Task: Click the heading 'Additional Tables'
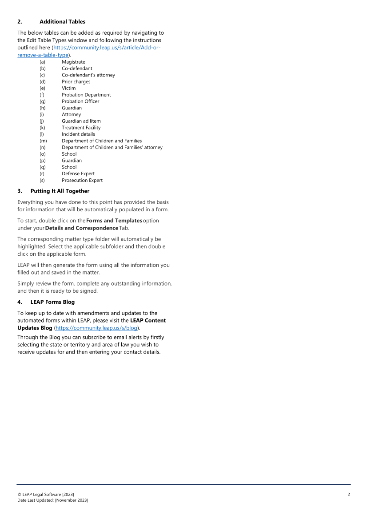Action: pyautogui.click(x=62, y=21)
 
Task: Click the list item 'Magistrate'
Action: pyautogui.click(x=73, y=62)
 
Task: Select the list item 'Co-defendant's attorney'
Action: pyautogui.click(x=88, y=75)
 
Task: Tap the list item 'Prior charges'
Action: pyautogui.click(x=76, y=82)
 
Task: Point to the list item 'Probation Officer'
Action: pyautogui.click(x=80, y=101)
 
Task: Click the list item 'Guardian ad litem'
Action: pyautogui.click(x=81, y=121)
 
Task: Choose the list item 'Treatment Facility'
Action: pyautogui.click(x=81, y=128)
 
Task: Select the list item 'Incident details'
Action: pyautogui.click(x=78, y=134)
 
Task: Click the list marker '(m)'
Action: pyautogui.click(x=43, y=141)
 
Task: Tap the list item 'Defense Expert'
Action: pyautogui.click(x=78, y=173)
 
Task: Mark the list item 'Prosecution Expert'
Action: pyautogui.click(x=82, y=180)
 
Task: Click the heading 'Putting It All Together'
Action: pyautogui.click(x=60, y=191)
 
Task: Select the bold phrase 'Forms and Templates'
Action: pyautogui.click(x=114, y=221)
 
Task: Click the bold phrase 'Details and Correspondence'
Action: pyautogui.click(x=81, y=228)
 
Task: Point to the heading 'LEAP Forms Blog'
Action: pyautogui.click(x=52, y=302)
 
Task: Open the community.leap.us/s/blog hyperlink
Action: pyautogui.click(x=96, y=328)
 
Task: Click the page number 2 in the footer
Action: pyautogui.click(x=349, y=494)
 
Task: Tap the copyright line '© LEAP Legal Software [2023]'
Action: pyautogui.click(x=46, y=494)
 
